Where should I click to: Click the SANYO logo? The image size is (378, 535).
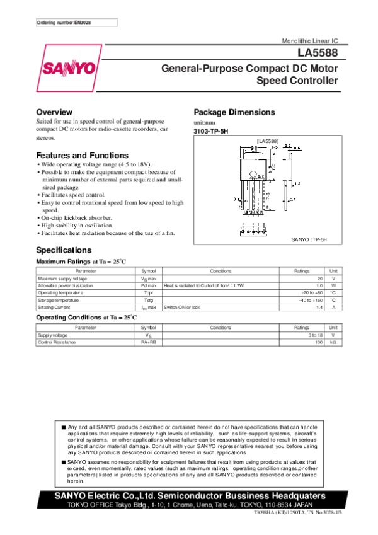69,68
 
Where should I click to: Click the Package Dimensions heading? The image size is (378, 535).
234,112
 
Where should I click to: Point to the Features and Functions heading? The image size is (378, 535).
82,155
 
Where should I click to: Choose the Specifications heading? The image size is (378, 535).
64,250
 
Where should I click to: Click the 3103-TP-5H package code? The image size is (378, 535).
212,131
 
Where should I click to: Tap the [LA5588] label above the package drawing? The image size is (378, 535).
267,141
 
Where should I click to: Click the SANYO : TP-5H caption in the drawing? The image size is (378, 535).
309,239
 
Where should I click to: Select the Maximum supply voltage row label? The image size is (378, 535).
62,279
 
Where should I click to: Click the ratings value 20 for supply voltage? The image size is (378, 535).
319,279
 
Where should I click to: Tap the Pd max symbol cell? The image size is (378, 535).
148,285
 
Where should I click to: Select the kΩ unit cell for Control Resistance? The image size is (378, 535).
333,342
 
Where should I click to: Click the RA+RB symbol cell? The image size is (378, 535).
148,342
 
